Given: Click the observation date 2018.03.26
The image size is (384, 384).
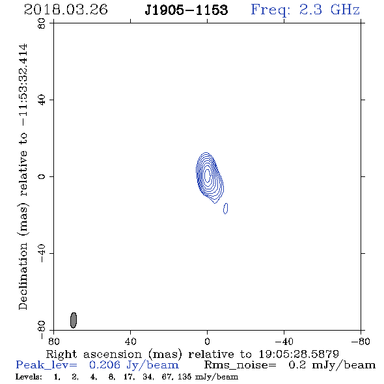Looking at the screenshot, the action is [66, 10].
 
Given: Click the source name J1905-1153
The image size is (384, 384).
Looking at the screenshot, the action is [186, 10].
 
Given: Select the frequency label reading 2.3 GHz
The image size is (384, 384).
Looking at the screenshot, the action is [329, 10].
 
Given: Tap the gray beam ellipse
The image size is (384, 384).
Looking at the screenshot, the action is [74, 320].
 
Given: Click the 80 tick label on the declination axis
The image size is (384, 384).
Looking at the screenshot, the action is [42, 23].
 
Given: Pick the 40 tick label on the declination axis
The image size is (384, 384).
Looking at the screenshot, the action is [42, 100].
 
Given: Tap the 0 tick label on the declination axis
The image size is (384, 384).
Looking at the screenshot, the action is [42, 176].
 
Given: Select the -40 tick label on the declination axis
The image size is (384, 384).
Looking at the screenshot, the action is [42, 253].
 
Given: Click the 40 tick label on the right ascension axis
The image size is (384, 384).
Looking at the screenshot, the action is [130, 342].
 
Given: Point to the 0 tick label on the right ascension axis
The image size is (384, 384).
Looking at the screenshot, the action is [207, 342].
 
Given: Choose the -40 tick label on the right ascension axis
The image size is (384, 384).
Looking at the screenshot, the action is [284, 342].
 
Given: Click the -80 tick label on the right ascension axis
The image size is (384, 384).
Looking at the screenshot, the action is [361, 342].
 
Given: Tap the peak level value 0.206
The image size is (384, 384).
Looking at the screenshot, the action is [105, 365].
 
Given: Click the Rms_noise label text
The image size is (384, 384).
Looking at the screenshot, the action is [240, 365].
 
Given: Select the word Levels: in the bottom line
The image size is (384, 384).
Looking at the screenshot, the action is [29, 377].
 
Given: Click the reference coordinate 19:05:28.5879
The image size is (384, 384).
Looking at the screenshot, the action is [299, 354].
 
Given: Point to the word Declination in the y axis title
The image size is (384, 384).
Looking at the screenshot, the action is [23, 276].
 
